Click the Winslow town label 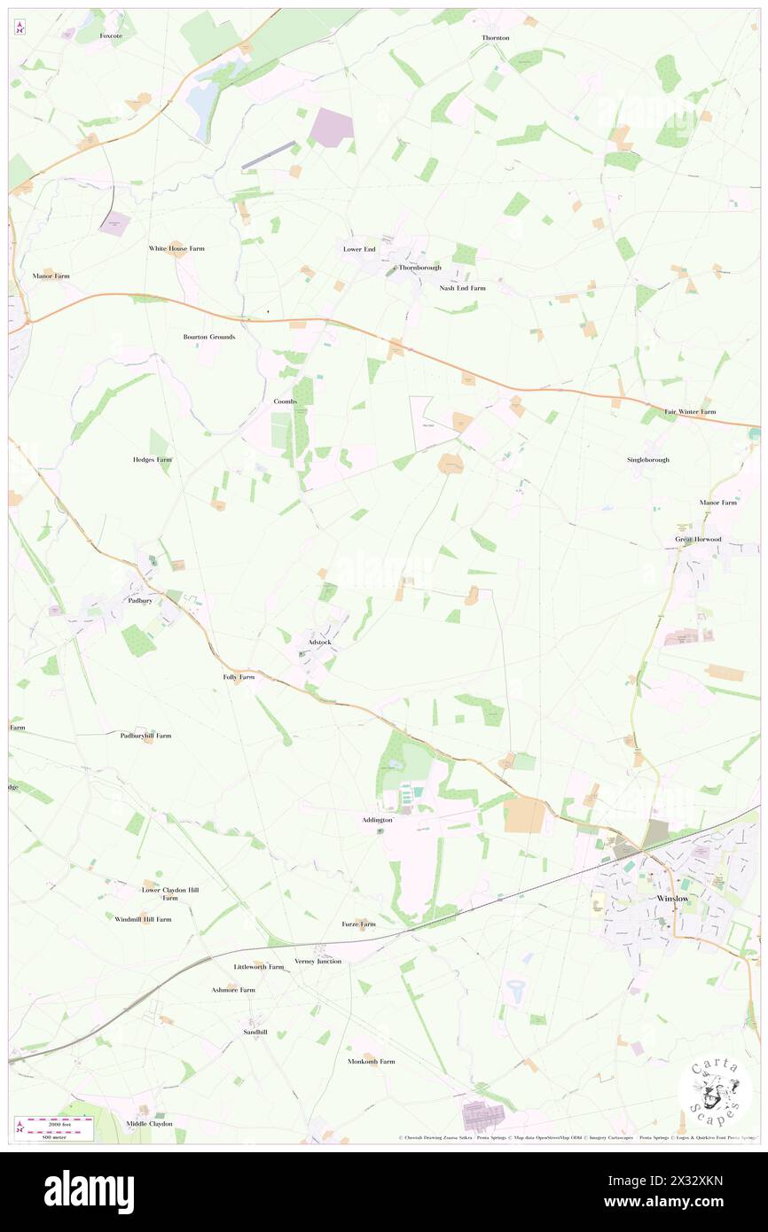pyautogui.click(x=672, y=898)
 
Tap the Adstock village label pyautogui.click(x=318, y=642)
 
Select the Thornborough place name pyautogui.click(x=419, y=267)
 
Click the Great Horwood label pyautogui.click(x=698, y=539)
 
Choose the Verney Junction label pyautogui.click(x=317, y=961)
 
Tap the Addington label pyautogui.click(x=377, y=820)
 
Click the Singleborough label pyautogui.click(x=648, y=460)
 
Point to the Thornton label pyautogui.click(x=496, y=38)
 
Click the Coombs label pyautogui.click(x=285, y=402)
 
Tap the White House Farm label pyautogui.click(x=176, y=248)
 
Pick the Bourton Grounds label pyautogui.click(x=209, y=337)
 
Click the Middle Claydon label pyautogui.click(x=149, y=1124)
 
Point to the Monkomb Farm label pyautogui.click(x=371, y=1061)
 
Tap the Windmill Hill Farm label pyautogui.click(x=143, y=919)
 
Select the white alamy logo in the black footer pyautogui.click(x=89, y=1191)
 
